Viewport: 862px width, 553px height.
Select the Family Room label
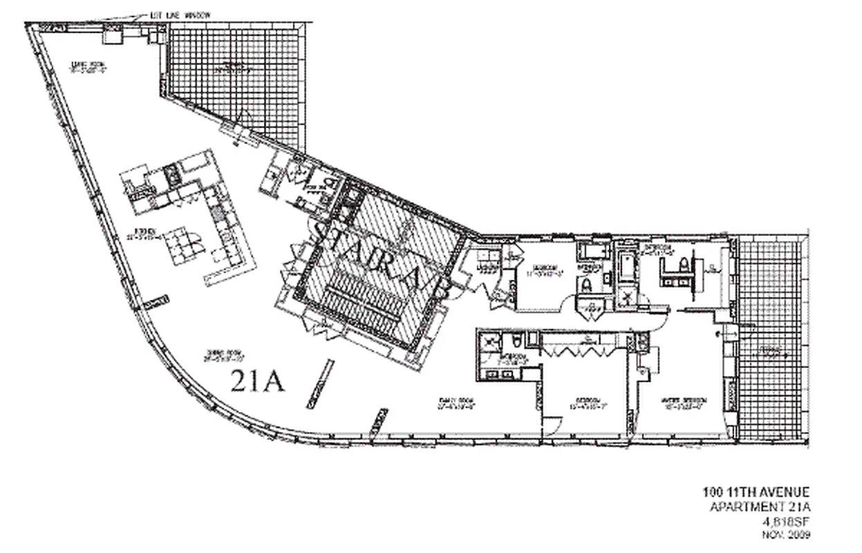coord(458,404)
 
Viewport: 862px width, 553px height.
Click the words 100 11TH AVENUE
coord(753,492)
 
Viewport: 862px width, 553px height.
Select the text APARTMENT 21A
coord(760,507)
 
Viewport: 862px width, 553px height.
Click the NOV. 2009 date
coord(786,534)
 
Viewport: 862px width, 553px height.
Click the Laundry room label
coord(487,268)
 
